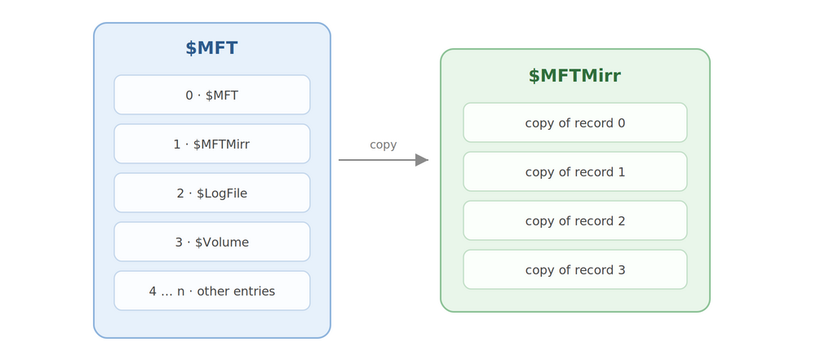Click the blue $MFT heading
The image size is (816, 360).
pyautogui.click(x=212, y=48)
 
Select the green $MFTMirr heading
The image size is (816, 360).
pyautogui.click(x=574, y=76)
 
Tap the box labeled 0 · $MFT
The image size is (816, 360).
pyautogui.click(x=212, y=95)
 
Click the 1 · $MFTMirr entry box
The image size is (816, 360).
pyautogui.click(x=212, y=144)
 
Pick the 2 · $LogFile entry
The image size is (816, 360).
pyautogui.click(x=212, y=193)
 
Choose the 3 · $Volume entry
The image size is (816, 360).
pyautogui.click(x=212, y=242)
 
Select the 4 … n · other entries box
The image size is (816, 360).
pyautogui.click(x=212, y=291)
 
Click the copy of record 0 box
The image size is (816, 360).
pyautogui.click(x=575, y=122)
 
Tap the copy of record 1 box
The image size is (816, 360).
pyautogui.click(x=575, y=171)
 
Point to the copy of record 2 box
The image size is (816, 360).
pyautogui.click(x=575, y=220)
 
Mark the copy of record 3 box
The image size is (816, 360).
pyautogui.click(x=575, y=269)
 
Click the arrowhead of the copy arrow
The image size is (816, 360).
pyautogui.click(x=422, y=160)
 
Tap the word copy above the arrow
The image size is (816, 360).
pyautogui.click(x=383, y=145)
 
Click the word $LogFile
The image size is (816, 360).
pyautogui.click(x=222, y=193)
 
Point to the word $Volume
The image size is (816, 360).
pyautogui.click(x=222, y=242)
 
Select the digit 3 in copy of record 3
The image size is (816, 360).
pyautogui.click(x=621, y=270)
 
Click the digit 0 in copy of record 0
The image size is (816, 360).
pyautogui.click(x=621, y=123)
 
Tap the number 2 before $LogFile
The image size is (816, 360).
pyautogui.click(x=180, y=193)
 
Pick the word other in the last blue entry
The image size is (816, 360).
pyautogui.click(x=212, y=291)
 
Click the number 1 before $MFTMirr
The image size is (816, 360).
pyautogui.click(x=177, y=144)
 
